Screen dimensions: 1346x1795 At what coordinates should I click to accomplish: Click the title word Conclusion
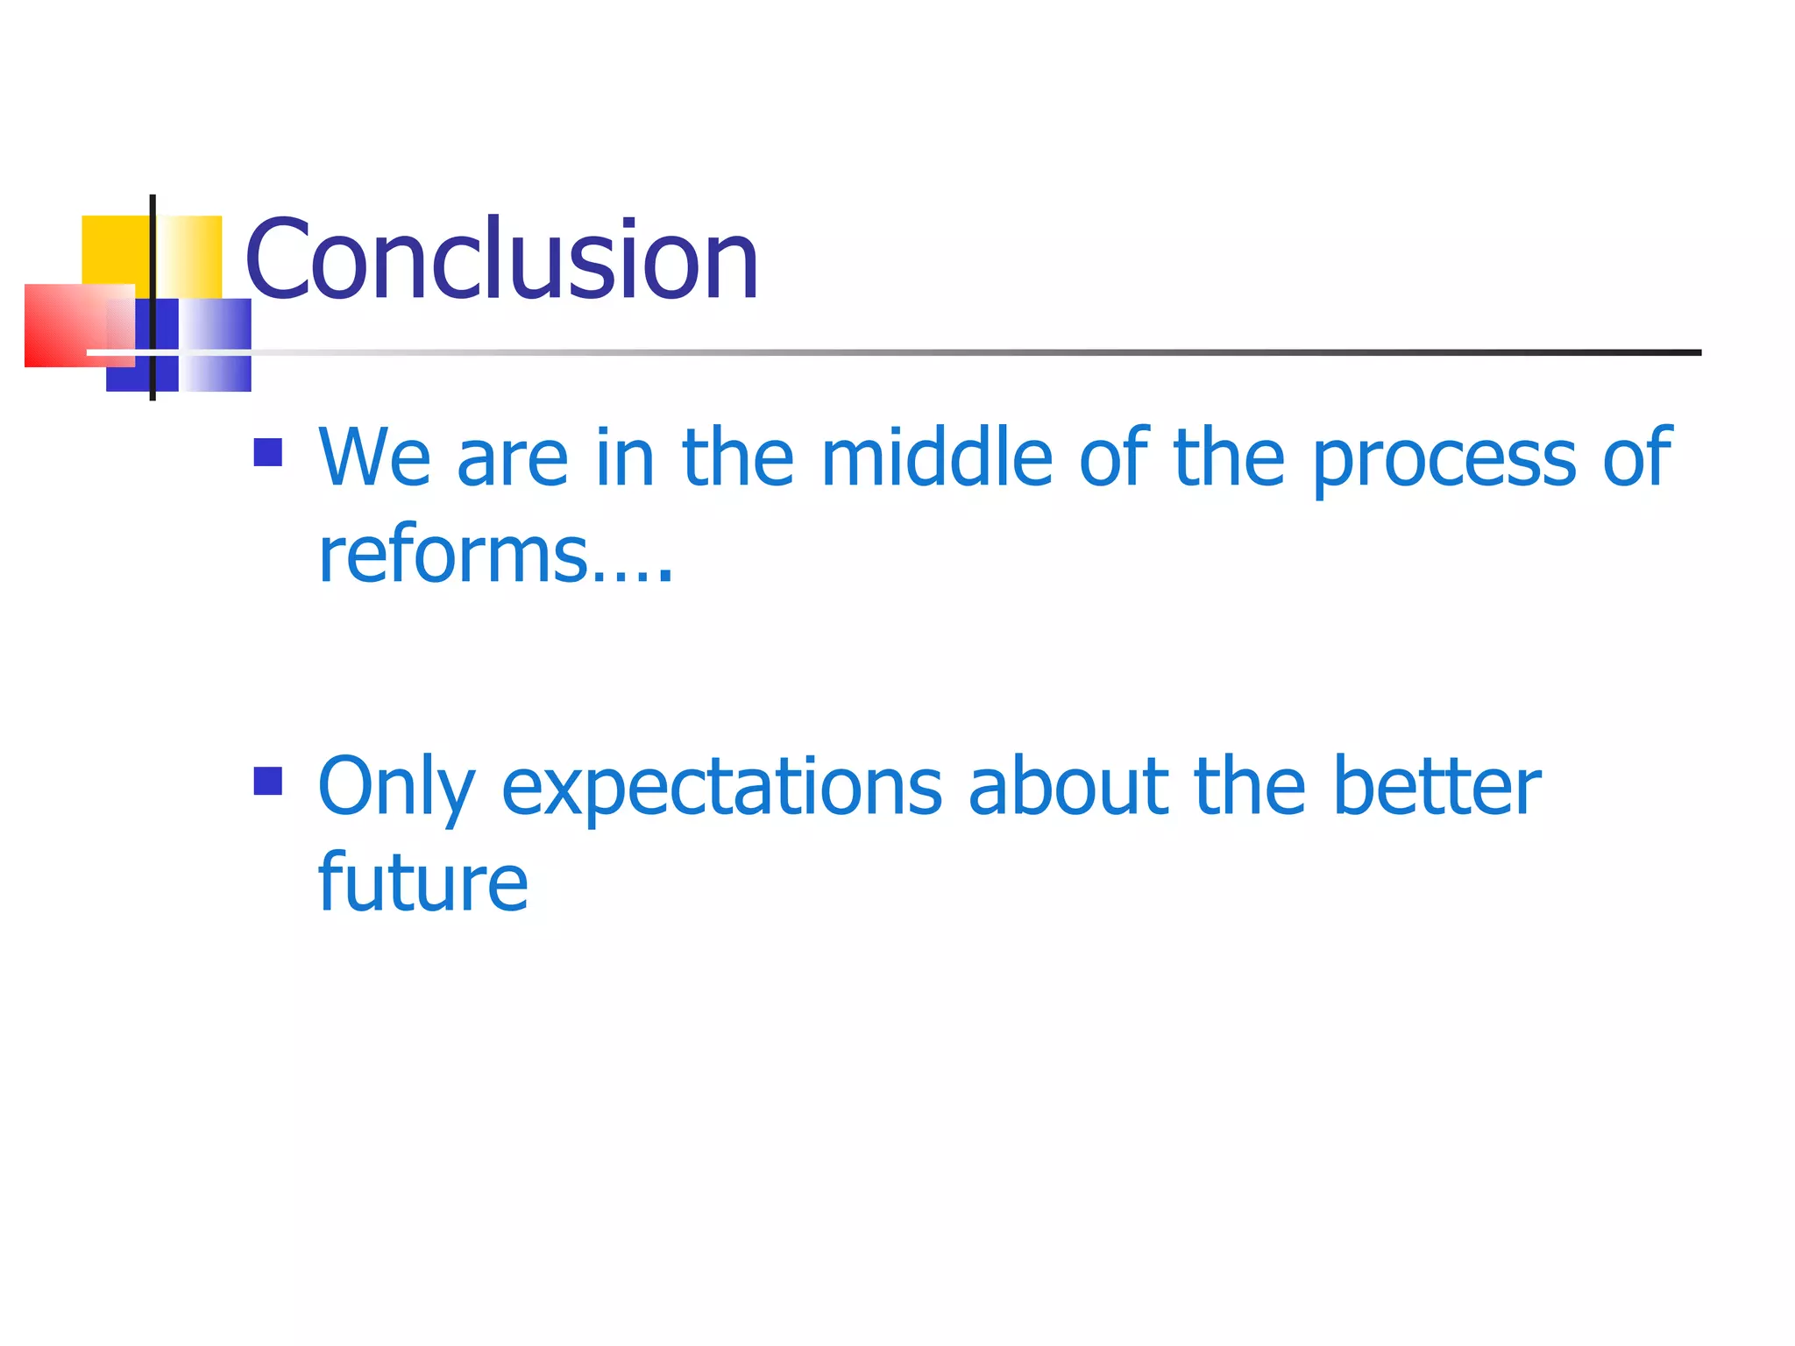[x=501, y=260]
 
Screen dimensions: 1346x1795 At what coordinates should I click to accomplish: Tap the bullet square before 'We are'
[x=267, y=452]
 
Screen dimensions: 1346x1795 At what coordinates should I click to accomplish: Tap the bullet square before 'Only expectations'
[x=267, y=781]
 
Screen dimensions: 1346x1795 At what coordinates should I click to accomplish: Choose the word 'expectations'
[x=720, y=788]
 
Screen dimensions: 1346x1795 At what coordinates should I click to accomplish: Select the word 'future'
[x=422, y=882]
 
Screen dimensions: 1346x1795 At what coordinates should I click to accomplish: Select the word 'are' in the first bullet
[x=512, y=459]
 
